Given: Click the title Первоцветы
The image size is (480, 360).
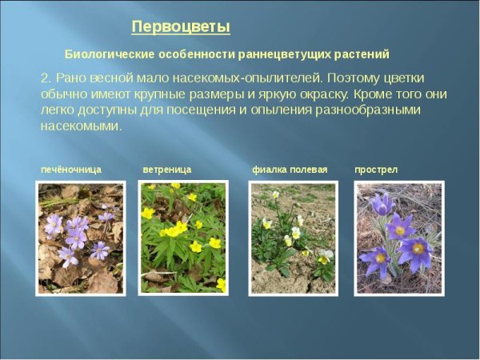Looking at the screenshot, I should pyautogui.click(x=181, y=27).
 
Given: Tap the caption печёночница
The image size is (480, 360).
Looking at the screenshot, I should pyautogui.click(x=71, y=170).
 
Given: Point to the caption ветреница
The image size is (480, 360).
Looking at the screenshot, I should pyautogui.click(x=167, y=170).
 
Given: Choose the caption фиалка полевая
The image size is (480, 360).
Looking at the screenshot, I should pyautogui.click(x=290, y=170).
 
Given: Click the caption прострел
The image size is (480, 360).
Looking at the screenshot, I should pyautogui.click(x=376, y=170).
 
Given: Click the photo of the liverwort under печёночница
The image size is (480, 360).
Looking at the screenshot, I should pyautogui.click(x=80, y=238).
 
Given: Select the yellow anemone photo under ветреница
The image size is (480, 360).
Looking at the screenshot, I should pyautogui.click(x=182, y=238).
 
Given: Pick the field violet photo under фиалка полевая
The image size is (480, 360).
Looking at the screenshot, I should pyautogui.click(x=293, y=238).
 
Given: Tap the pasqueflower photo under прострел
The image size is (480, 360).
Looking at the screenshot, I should pyautogui.click(x=398, y=238).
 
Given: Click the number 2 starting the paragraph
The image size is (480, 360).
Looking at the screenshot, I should pyautogui.click(x=44, y=78).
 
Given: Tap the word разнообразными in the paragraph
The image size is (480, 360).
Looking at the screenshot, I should pyautogui.click(x=373, y=110).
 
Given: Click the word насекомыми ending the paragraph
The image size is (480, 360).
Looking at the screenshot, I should pyautogui.click(x=80, y=126).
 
